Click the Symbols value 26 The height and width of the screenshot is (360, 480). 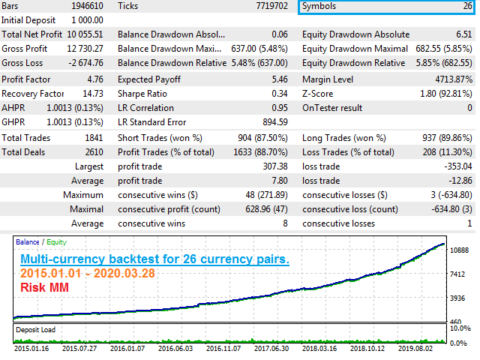click(467, 6)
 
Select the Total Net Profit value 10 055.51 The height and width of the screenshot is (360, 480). click(85, 34)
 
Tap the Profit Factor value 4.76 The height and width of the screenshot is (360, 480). click(95, 79)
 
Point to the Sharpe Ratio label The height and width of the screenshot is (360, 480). click(142, 94)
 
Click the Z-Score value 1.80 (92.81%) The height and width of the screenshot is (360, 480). click(446, 94)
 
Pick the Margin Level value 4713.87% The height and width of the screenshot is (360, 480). click(454, 79)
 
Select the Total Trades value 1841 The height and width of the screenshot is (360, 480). click(94, 138)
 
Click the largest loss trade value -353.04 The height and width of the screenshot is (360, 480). click(458, 166)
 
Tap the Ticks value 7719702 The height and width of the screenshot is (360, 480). click(271, 6)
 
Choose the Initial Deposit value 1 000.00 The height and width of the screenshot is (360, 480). click(87, 20)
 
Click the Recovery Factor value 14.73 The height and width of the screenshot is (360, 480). click(93, 94)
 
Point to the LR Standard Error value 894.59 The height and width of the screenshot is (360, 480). click(275, 122)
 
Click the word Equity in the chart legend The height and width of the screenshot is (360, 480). click(57, 242)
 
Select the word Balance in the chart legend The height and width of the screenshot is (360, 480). click(28, 241)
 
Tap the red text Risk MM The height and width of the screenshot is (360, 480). click(45, 287)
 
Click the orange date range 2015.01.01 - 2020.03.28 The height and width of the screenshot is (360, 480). click(88, 273)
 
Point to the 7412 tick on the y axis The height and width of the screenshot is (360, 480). click(457, 274)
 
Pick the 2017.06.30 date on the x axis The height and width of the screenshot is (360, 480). click(271, 348)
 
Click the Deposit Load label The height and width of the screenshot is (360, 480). click(36, 330)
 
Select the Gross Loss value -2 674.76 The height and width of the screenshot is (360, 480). click(86, 63)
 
